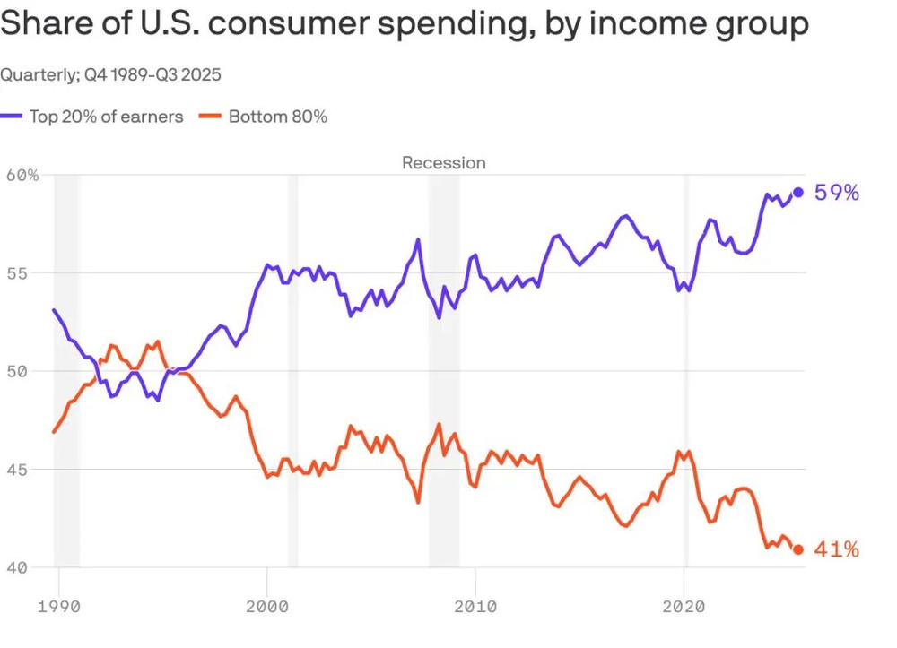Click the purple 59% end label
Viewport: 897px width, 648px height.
[837, 192]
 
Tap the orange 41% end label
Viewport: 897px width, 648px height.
[836, 549]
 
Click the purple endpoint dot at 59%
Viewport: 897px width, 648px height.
[798, 192]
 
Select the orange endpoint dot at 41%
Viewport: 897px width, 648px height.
[798, 549]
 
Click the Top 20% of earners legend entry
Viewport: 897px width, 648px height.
[106, 117]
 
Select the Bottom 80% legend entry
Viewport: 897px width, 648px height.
[277, 117]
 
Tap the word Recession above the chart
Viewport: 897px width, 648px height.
[443, 163]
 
